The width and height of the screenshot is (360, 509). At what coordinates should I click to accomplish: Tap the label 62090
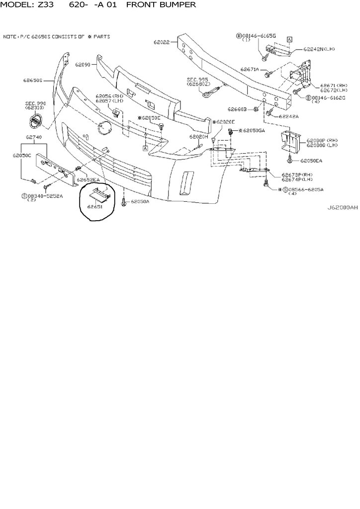coord(83,65)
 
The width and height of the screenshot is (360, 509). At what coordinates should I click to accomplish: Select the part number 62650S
coord(33,80)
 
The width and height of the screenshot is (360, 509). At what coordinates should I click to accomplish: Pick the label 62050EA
coord(311,161)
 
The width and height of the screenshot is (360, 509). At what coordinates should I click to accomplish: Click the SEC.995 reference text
coord(196,79)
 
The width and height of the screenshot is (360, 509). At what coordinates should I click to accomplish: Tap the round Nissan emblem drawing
coord(35,120)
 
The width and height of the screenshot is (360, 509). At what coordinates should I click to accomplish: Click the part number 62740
coord(34,136)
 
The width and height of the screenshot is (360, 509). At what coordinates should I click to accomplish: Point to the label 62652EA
coord(88,179)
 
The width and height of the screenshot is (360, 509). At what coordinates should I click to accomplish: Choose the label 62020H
coord(198,136)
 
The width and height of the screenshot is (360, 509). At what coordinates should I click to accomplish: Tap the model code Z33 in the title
coord(44,5)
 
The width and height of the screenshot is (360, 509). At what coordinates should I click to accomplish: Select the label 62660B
coord(237,109)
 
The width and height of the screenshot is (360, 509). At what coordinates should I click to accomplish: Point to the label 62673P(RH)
coord(297,175)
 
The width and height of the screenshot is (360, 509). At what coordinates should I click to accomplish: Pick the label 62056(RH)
coord(109,95)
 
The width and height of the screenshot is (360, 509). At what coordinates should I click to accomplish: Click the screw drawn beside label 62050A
coord(123,203)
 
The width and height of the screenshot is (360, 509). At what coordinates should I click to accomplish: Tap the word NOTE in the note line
coord(10,37)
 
